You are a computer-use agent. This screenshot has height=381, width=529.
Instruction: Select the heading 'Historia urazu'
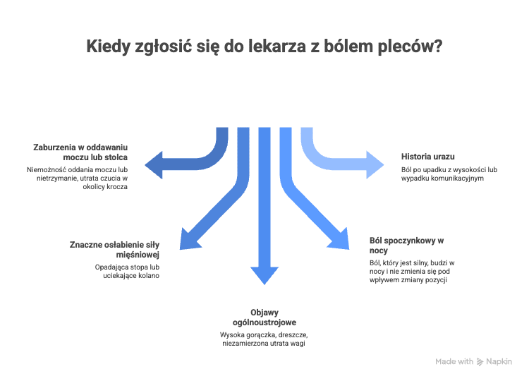428,157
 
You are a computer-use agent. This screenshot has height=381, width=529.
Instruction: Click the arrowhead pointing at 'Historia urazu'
375,164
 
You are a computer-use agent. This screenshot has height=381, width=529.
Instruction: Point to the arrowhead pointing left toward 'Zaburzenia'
154,164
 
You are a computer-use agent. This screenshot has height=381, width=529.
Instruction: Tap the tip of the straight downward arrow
264,285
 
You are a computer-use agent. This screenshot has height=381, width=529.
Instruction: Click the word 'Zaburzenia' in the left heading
54,147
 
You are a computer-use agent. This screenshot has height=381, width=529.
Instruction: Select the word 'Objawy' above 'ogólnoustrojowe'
264,313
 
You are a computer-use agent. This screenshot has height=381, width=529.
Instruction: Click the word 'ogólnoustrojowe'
264,322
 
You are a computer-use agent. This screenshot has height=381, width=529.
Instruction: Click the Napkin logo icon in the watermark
480,362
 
